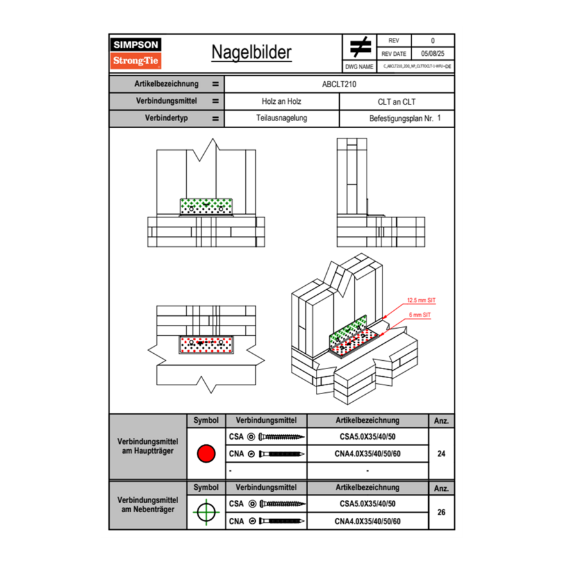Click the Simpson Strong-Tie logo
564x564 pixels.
coord(137,53)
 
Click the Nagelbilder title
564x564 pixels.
coord(251,53)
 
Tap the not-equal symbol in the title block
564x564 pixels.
coord(360,47)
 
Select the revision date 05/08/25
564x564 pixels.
coord(433,54)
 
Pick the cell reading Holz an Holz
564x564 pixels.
coord(281,101)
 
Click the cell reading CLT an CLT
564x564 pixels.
coord(397,101)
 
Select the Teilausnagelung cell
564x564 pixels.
coord(281,119)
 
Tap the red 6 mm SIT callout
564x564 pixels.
coord(420,315)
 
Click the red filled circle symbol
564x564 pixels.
coord(206,454)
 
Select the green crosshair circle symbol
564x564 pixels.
coord(206,512)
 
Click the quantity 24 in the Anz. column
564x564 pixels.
coord(441,454)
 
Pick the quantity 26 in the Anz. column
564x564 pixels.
coord(441,512)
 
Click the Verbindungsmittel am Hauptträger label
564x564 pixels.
coord(148,447)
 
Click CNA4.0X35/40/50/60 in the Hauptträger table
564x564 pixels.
coord(367,454)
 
